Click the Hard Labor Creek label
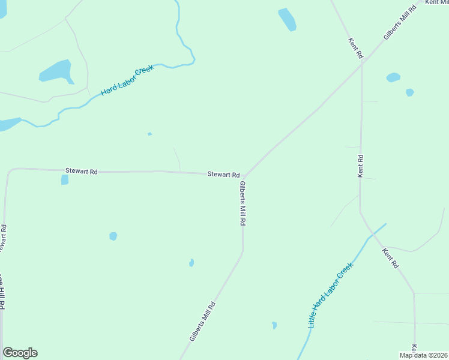(127, 80)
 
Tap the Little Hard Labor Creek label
(330, 295)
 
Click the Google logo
(20, 353)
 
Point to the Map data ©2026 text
(423, 355)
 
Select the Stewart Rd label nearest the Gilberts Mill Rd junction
(223, 174)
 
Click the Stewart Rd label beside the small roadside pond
(80, 172)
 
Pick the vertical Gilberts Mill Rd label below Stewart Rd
(243, 203)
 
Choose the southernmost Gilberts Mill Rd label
(202, 322)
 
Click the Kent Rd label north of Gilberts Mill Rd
(356, 48)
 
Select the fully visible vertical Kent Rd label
(360, 166)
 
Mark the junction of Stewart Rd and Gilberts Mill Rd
(244, 176)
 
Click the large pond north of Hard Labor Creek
(56, 72)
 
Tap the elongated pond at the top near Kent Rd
(287, 19)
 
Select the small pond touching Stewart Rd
(64, 179)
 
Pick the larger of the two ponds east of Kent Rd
(393, 77)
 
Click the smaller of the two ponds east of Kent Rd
(409, 92)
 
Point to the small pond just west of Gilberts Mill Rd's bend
(191, 263)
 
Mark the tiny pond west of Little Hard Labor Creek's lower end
(274, 325)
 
